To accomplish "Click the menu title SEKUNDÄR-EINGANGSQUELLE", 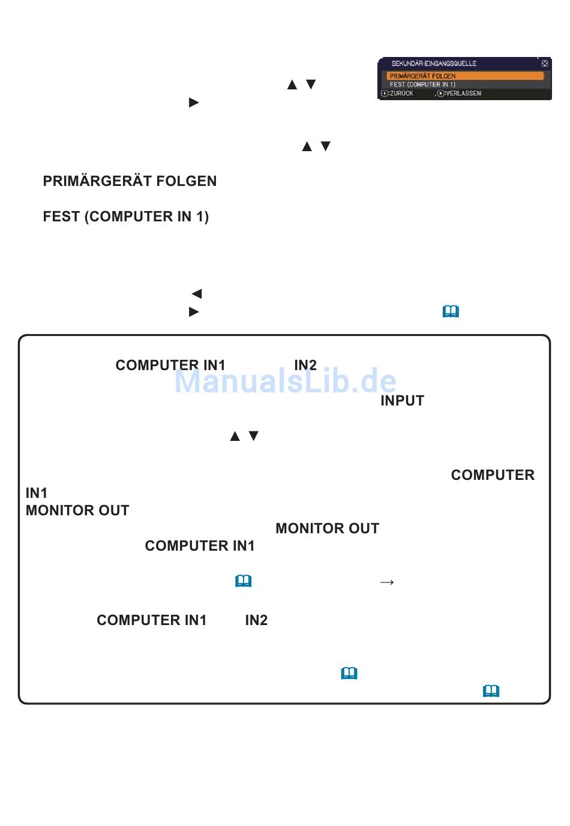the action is pos(433,64).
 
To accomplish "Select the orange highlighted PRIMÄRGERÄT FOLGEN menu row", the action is pos(465,76).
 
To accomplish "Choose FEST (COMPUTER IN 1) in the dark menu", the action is pos(422,85).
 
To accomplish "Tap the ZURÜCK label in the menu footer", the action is pos(401,94).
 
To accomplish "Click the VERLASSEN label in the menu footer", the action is pos(463,94).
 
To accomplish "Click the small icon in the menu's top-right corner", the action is pos(545,64).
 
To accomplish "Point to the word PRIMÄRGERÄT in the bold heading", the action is pos(97,181).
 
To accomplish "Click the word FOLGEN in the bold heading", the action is pos(187,181).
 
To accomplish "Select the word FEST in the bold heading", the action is pos(61,217).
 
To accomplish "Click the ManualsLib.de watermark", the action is pos(285,380).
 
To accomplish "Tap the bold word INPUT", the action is pos(402,401).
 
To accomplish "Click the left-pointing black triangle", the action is pos(197,293).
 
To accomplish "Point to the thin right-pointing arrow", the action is pos(386,582).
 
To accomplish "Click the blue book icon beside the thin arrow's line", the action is pos(243,581).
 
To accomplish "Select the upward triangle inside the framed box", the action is pos(235,436).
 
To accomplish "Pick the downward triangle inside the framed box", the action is pos(253,436).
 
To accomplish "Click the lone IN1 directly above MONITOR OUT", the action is pos(36,492).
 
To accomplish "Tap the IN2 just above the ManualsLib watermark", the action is pos(305,365).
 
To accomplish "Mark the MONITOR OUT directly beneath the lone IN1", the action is pos(77,510).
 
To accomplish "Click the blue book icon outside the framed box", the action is pos(451,311).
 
